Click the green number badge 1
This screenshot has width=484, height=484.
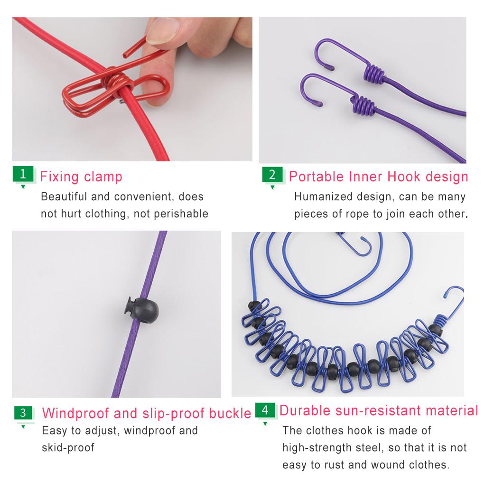click(23, 174)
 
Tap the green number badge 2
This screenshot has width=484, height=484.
click(272, 174)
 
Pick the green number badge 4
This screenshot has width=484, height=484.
click(265, 410)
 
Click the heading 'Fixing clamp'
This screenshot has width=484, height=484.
click(81, 177)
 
